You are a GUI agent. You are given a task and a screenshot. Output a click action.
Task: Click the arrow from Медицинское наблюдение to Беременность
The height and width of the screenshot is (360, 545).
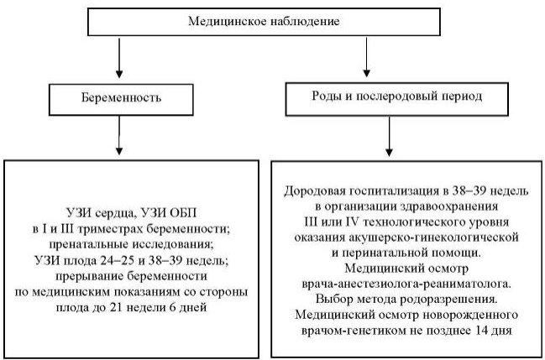click(119, 58)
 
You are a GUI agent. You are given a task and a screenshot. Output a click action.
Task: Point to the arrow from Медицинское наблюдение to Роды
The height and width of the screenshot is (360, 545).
click(366, 57)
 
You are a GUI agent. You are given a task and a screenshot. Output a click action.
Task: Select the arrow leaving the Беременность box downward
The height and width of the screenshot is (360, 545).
click(119, 135)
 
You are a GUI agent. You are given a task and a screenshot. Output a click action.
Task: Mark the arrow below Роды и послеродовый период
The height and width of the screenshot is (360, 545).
click(390, 137)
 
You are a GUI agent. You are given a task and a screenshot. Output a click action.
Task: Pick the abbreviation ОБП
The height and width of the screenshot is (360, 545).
click(182, 212)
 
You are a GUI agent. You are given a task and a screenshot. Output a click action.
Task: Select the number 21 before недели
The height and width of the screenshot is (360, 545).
click(115, 307)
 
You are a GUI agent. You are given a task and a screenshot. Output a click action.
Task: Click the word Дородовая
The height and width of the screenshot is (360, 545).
click(315, 191)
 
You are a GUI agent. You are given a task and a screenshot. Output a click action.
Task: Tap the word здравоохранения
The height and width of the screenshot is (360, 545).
click(449, 206)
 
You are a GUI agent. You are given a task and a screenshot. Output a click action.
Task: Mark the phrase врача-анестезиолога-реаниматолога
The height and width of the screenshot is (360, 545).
click(406, 284)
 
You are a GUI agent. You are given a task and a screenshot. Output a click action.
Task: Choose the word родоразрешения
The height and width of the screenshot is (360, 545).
click(450, 300)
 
